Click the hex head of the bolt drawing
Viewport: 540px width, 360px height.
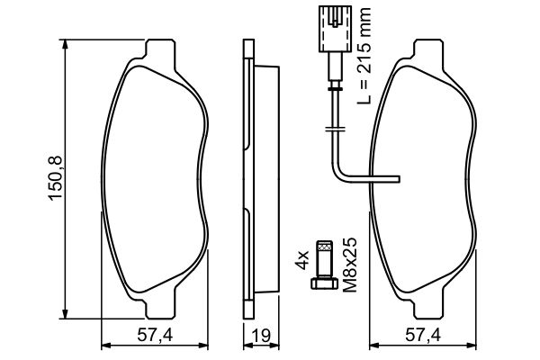pyautogui.click(x=324, y=285)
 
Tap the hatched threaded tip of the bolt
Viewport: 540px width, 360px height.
pyautogui.click(x=324, y=247)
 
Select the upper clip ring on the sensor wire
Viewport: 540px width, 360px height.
pyautogui.click(x=333, y=87)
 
